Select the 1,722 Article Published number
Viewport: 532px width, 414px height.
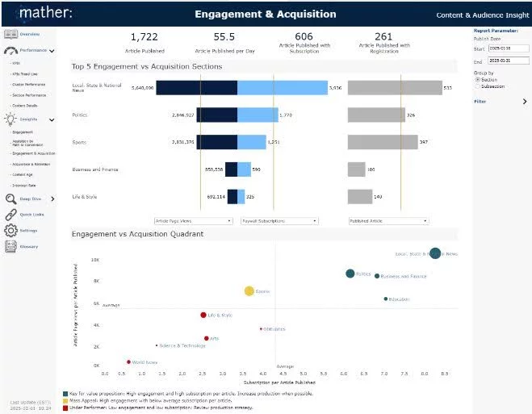[144, 36]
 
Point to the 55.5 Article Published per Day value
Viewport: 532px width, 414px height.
[224, 36]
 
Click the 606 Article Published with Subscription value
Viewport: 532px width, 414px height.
[304, 36]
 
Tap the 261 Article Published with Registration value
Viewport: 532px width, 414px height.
[383, 36]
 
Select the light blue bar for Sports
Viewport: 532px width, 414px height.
[251, 142]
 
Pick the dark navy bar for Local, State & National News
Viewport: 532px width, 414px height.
[196, 88]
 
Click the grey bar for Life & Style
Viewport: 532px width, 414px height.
[359, 196]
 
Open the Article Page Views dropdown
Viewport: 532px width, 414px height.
[194, 220]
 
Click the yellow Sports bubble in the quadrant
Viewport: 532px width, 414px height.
[249, 291]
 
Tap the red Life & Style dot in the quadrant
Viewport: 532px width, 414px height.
[203, 315]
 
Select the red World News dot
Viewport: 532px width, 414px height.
[128, 362]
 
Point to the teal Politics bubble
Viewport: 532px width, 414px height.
[350, 274]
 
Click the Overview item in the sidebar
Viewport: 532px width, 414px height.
[29, 34]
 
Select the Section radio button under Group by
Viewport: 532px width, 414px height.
[478, 80]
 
